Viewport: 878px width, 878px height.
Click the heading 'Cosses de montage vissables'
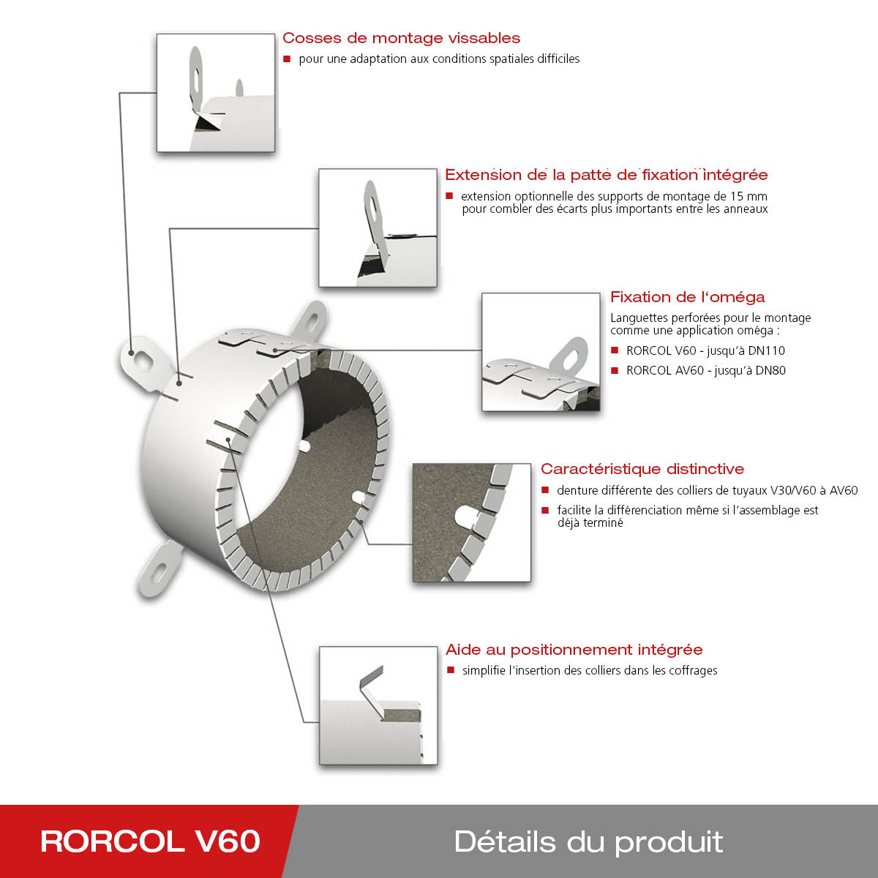401,38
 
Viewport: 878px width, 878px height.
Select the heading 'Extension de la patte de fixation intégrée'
606,175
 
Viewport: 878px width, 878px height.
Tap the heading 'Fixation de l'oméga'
687,297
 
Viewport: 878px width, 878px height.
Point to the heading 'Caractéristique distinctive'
642,469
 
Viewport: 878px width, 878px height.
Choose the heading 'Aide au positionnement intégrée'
574,650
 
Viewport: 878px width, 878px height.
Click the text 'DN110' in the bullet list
768,350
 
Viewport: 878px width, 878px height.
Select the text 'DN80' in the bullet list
770,370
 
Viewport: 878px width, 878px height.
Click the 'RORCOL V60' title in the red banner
150,841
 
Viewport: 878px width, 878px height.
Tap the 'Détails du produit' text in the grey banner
588,841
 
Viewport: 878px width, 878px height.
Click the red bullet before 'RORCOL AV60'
615,370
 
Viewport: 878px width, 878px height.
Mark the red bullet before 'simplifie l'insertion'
451,670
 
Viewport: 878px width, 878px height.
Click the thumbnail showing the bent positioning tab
378,705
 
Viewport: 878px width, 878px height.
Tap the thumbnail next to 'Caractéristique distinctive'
471,522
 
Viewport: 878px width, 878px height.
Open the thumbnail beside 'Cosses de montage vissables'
216,93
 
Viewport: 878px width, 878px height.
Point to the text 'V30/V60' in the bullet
792,491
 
